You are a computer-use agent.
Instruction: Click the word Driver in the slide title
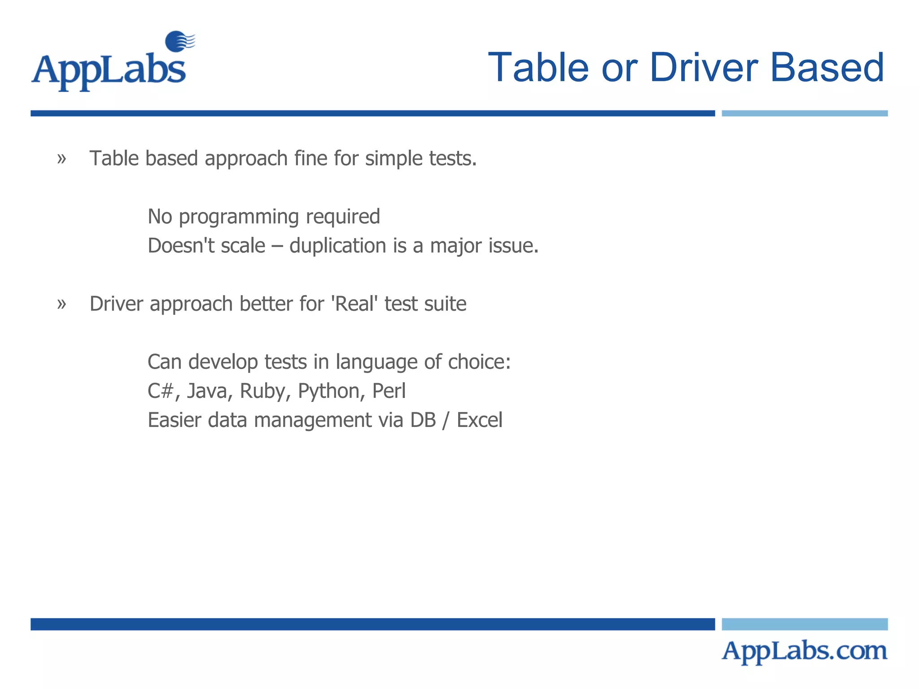(703, 68)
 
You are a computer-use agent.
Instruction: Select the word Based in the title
(827, 68)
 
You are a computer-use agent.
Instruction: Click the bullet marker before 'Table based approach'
(61, 159)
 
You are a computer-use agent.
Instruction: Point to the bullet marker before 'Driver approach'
(61, 304)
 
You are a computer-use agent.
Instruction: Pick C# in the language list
(160, 391)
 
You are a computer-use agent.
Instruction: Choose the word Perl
(389, 391)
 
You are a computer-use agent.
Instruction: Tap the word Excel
(479, 420)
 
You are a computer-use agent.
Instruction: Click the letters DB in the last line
(423, 420)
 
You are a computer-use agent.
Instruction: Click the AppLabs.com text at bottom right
(804, 651)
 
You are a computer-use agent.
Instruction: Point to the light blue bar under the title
(804, 113)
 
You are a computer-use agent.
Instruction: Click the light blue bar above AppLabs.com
(804, 624)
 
